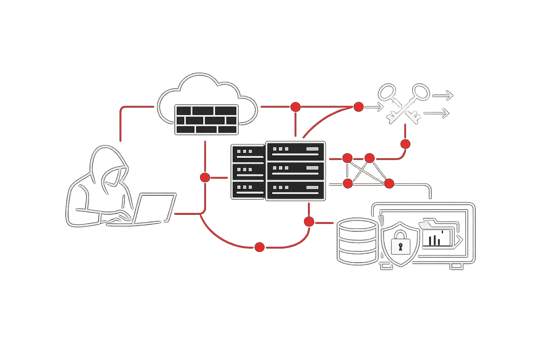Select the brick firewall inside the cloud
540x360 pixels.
tap(206, 119)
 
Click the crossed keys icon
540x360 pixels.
tap(404, 104)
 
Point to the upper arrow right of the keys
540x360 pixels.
tap(443, 95)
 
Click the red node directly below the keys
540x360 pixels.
tap(405, 144)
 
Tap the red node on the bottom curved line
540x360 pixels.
tap(259, 247)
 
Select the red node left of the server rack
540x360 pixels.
tap(205, 177)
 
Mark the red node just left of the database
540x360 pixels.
tap(309, 221)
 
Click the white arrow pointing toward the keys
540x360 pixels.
tap(374, 107)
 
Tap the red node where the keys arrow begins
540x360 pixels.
tap(358, 107)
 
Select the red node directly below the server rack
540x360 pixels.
tap(309, 221)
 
